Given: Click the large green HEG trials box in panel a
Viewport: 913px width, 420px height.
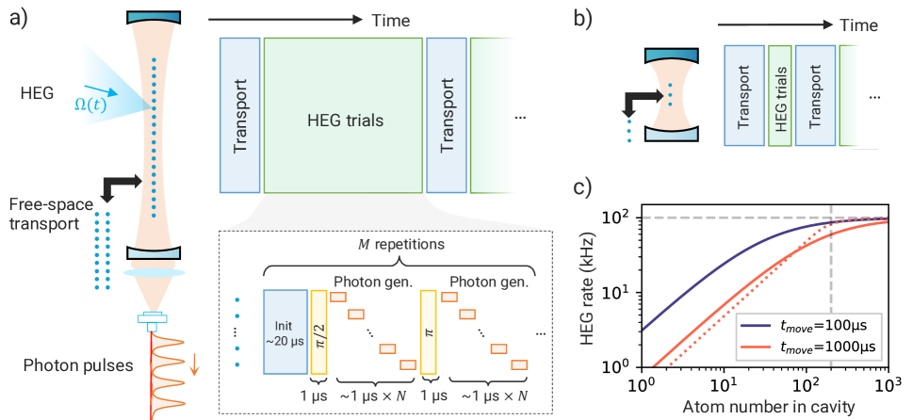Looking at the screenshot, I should pyautogui.click(x=344, y=120).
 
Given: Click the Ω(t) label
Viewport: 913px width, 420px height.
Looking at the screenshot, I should pyautogui.click(x=90, y=103).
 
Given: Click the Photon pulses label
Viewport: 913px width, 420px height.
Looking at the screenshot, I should pyautogui.click(x=64, y=363).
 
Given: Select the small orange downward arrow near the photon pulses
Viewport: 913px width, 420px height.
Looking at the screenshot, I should pyautogui.click(x=194, y=361).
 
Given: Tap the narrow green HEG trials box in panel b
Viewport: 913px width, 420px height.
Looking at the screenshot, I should pyautogui.click(x=779, y=95).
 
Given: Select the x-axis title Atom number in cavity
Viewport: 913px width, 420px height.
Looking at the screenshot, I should pyautogui.click(x=764, y=408).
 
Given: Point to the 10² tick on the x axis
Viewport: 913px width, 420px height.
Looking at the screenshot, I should pyautogui.click(x=806, y=385).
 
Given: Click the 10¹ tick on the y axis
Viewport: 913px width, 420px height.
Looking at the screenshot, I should pyautogui.click(x=621, y=293).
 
